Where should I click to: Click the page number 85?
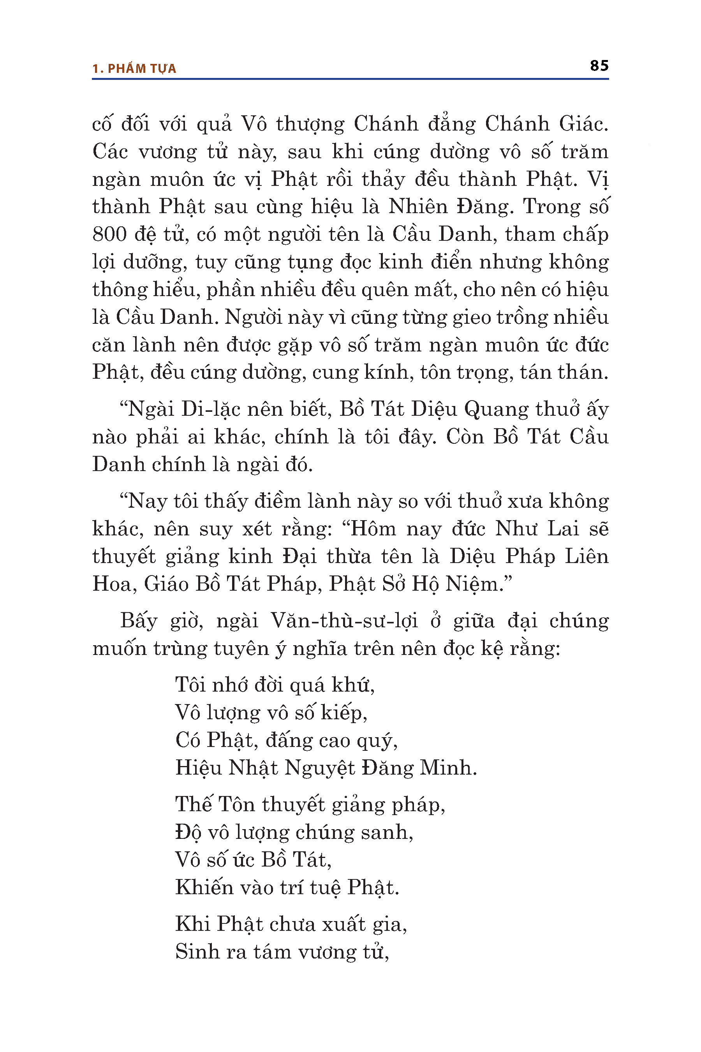599,66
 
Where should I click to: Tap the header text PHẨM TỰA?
142,69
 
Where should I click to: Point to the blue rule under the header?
350,79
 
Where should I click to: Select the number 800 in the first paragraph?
109,235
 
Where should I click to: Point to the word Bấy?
139,621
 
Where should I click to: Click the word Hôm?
373,529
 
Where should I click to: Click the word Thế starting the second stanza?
193,805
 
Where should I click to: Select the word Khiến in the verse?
203,888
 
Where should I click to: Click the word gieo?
471,318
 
